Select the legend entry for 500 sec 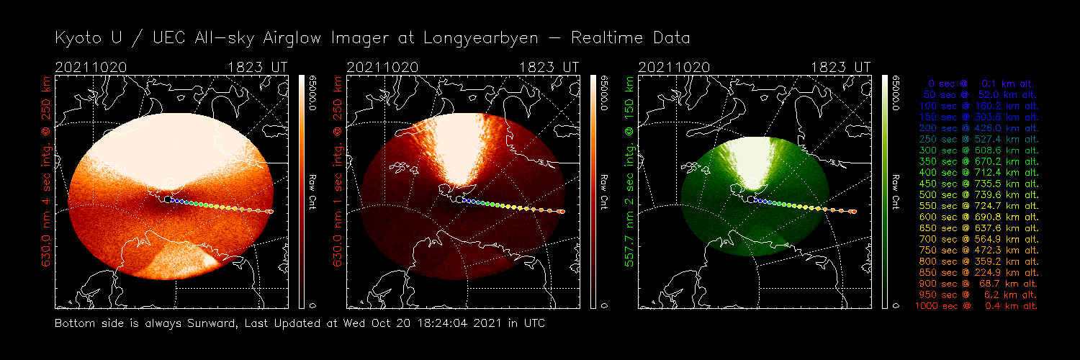click(x=978, y=194)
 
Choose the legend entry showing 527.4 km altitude click(x=978, y=139)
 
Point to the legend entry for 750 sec click(x=978, y=250)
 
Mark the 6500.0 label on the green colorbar click(x=896, y=92)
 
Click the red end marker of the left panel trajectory click(x=271, y=212)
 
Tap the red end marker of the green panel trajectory click(x=853, y=212)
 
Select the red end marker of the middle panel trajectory click(x=562, y=212)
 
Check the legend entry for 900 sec click(x=978, y=284)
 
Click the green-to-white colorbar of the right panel click(x=885, y=191)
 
